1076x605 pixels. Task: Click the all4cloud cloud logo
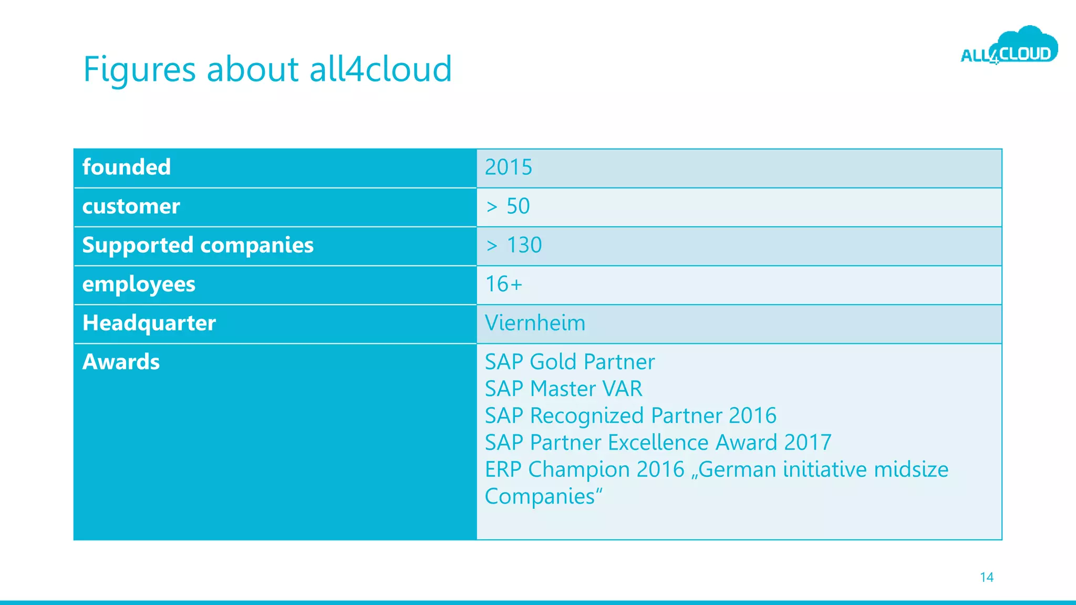click(1009, 47)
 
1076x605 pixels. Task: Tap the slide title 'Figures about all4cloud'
click(267, 69)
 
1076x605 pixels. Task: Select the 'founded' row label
click(127, 168)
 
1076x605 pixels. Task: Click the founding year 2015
click(508, 168)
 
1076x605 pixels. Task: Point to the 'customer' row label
click(131, 206)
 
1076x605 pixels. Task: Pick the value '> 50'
click(508, 206)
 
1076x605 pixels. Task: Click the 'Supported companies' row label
click(198, 245)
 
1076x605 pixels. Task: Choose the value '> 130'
click(513, 245)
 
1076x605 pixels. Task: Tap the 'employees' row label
click(139, 284)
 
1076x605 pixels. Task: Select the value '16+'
click(503, 284)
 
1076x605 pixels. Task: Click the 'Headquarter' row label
click(149, 323)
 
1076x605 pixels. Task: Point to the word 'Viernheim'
click(535, 323)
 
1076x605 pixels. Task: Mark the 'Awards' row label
click(121, 362)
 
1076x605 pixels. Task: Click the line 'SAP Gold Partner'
click(570, 362)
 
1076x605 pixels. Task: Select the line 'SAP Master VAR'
click(563, 389)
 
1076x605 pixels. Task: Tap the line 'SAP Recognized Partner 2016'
click(630, 415)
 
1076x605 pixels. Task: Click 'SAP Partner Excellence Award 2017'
click(658, 442)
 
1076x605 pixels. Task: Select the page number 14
click(986, 577)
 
